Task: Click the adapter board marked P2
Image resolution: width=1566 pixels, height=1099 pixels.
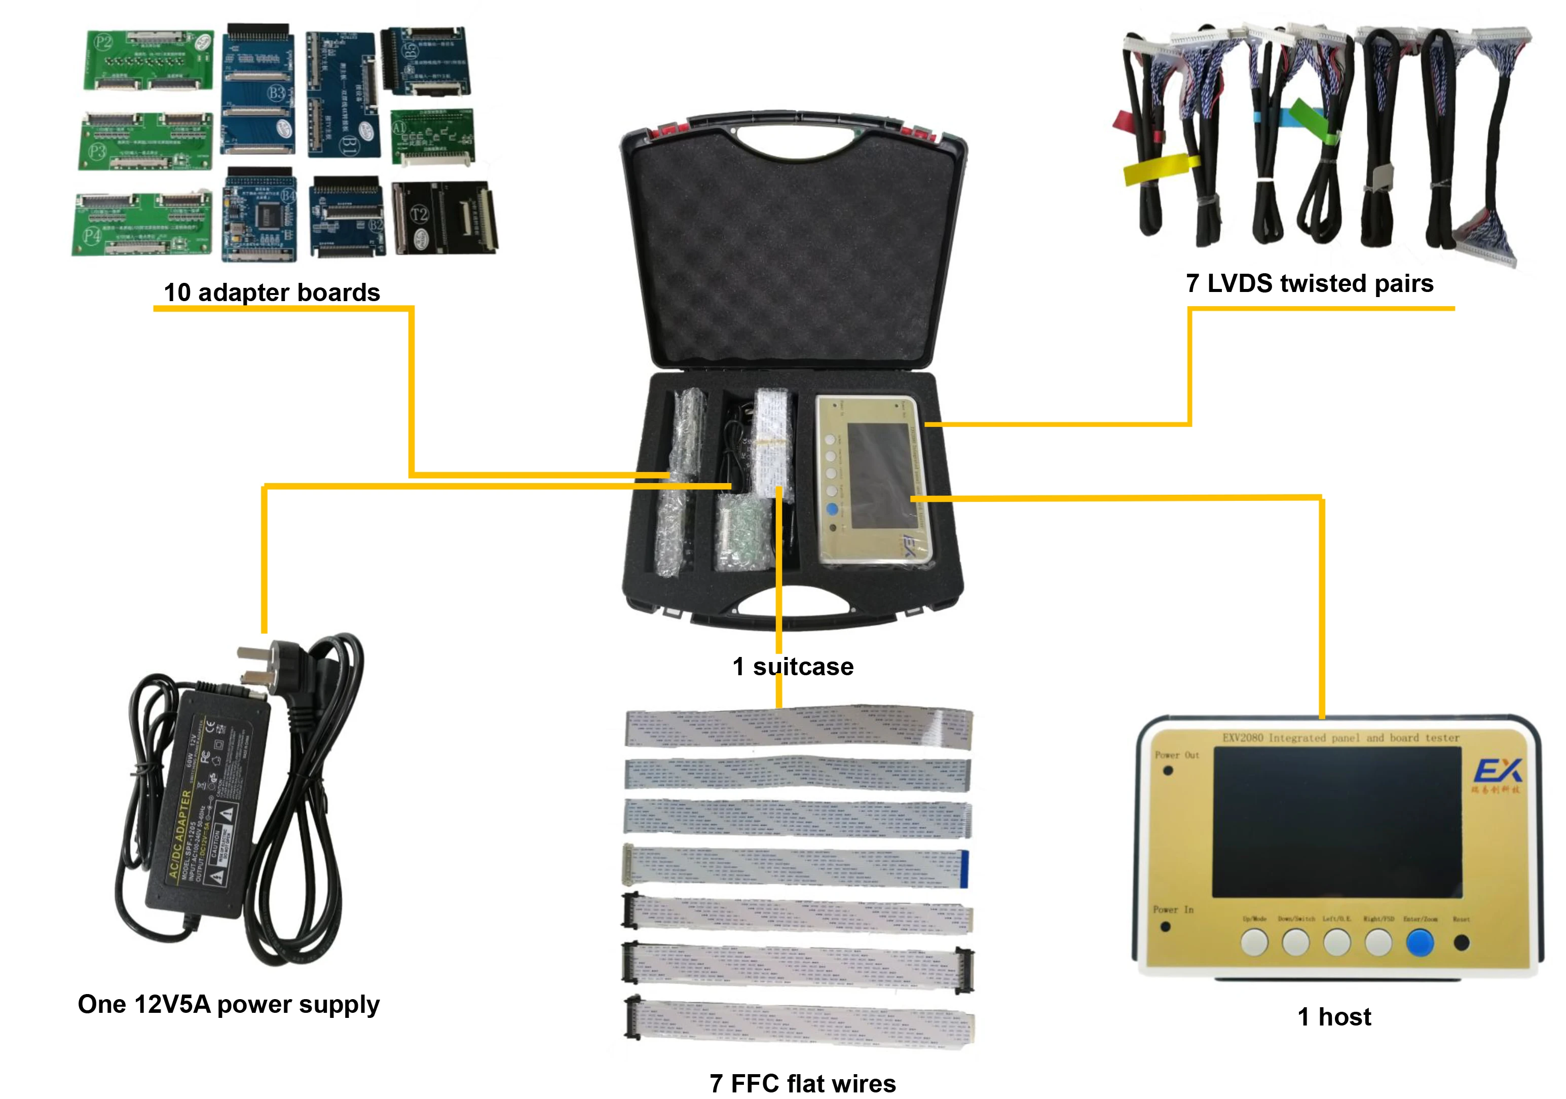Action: pos(148,59)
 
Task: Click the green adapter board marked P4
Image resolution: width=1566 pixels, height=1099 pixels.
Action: pos(142,223)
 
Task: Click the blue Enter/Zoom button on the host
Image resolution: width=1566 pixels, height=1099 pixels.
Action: pos(1420,943)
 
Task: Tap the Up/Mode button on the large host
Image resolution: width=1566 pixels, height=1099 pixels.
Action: pos(1254,943)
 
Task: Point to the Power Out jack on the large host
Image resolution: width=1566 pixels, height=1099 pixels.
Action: pos(1168,771)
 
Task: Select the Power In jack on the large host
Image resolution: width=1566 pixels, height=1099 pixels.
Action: pos(1165,927)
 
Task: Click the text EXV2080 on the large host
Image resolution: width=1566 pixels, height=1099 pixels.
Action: pos(1243,738)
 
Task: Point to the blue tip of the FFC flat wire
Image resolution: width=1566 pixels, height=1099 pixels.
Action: pos(964,868)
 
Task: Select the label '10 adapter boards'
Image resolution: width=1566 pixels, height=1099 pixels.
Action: pos(272,292)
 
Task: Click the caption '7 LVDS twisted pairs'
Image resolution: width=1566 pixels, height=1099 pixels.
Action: pos(1310,283)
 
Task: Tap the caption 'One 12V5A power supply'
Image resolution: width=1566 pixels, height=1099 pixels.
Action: pos(229,1004)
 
